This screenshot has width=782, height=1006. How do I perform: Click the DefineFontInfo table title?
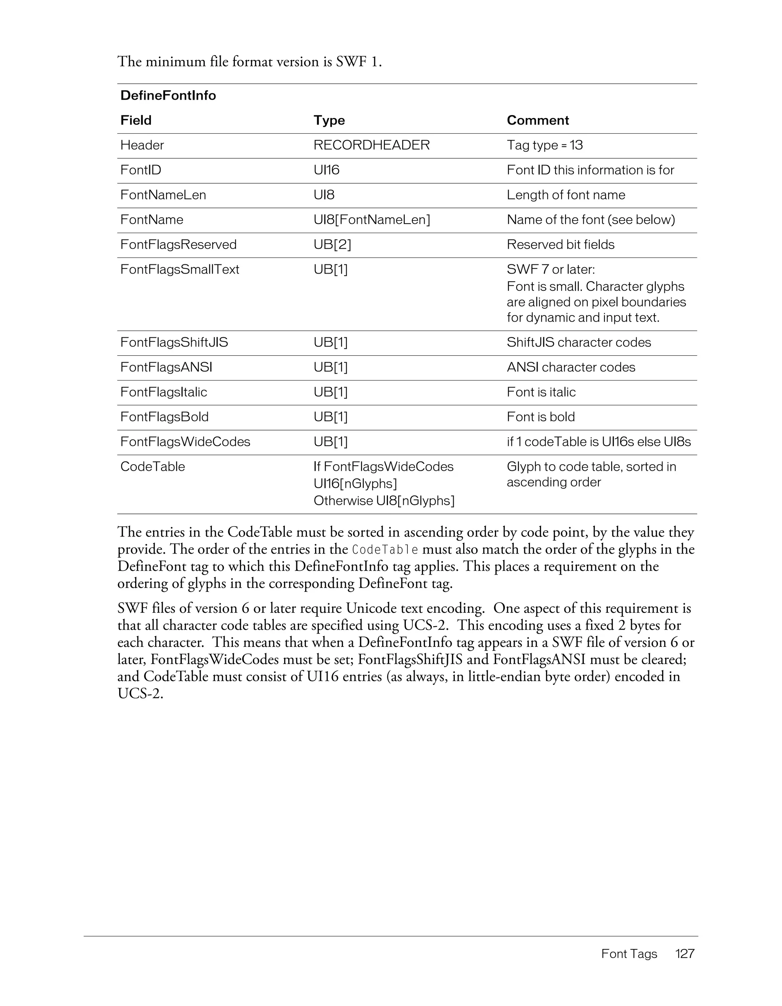[x=168, y=96]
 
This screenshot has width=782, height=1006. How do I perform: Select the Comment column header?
[x=538, y=120]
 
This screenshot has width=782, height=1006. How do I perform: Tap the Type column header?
[x=329, y=120]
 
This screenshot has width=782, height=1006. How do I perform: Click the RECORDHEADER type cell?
[x=372, y=145]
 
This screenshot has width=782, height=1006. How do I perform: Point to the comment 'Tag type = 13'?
[x=544, y=145]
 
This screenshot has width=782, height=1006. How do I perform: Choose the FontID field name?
[x=141, y=170]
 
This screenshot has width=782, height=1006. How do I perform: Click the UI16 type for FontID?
[x=326, y=170]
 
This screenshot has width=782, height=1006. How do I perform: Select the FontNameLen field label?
[x=163, y=195]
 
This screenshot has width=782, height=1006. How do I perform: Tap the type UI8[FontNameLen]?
[x=372, y=220]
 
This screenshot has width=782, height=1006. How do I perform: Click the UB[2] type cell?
[x=332, y=245]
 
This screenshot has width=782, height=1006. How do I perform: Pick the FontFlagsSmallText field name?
[x=179, y=269]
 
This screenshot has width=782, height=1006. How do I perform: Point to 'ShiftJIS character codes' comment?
[x=578, y=342]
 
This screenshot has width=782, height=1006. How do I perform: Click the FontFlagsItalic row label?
[x=163, y=392]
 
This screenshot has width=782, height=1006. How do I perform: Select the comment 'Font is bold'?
[x=541, y=417]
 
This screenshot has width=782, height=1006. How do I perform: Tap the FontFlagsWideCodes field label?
[x=185, y=442]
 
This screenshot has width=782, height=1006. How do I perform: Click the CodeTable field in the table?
[x=152, y=467]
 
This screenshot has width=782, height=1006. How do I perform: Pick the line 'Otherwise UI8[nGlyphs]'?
[x=384, y=501]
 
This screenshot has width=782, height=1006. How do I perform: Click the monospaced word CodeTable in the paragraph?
[x=385, y=550]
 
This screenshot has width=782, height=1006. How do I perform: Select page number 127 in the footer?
[x=684, y=954]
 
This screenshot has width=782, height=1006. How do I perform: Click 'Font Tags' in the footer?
[x=629, y=954]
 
